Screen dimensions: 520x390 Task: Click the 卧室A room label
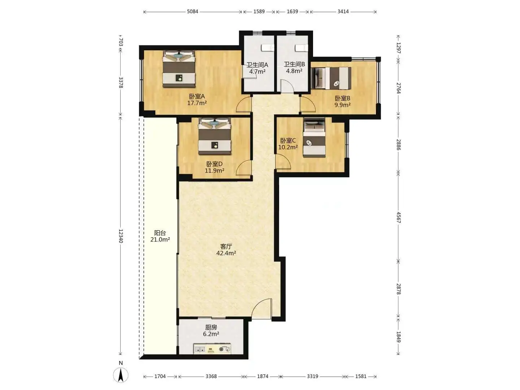197,96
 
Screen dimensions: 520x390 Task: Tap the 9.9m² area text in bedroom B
342,105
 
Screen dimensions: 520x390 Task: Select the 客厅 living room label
226,247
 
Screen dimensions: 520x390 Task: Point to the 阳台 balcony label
160,233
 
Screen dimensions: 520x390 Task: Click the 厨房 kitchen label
211,328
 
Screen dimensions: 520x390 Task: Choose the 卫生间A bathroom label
257,65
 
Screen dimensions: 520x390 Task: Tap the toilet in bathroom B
301,48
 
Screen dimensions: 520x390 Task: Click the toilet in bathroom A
268,48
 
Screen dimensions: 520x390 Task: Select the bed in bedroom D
214,136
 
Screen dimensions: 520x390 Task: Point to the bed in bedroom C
314,138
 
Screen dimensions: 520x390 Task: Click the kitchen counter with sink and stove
212,349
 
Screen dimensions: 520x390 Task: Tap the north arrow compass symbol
121,375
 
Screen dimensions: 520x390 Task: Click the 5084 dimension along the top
192,12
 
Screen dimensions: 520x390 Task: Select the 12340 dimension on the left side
121,236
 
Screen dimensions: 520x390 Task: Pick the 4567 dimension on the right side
398,217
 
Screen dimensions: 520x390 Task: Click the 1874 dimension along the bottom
263,376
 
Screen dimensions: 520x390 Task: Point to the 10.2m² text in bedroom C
288,147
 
